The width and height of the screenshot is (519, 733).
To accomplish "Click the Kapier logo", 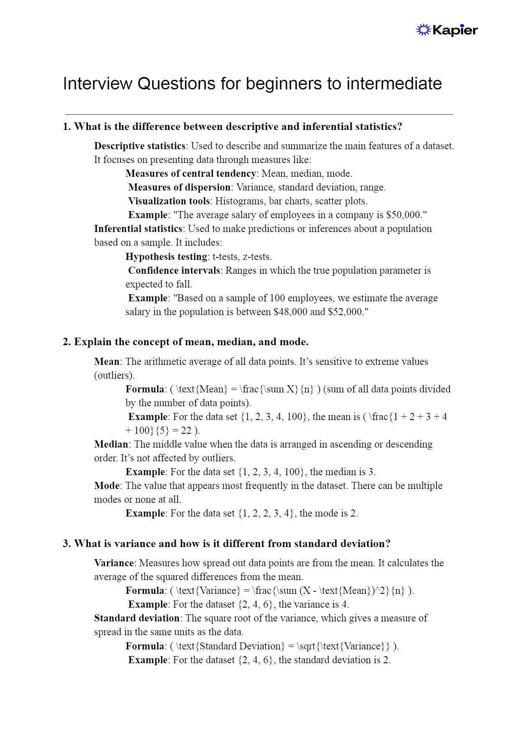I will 447,30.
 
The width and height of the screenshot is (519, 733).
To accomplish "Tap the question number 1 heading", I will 232,127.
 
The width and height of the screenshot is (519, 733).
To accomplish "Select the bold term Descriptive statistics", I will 139,146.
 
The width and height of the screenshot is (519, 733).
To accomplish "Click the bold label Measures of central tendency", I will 191,173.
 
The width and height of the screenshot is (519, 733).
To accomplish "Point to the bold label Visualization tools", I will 169,201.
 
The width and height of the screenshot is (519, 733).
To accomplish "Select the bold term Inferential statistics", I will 138,229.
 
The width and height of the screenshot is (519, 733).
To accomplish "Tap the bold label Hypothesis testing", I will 166,257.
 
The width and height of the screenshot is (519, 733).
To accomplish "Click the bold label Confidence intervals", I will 174,270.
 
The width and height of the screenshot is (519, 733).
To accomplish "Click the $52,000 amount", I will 345,312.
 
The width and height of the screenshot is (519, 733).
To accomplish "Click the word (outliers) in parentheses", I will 114,375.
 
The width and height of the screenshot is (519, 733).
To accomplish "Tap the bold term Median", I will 111,444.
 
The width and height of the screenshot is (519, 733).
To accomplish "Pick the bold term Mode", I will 107,486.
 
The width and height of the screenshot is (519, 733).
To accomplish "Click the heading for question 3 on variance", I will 226,544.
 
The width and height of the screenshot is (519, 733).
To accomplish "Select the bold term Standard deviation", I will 137,618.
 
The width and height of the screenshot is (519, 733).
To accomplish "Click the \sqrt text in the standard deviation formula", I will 306,646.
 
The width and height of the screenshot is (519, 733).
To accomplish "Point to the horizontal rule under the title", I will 259,114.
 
